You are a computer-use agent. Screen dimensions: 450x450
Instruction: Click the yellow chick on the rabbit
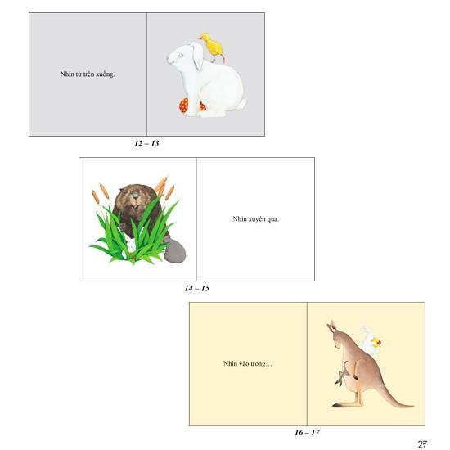[214, 47]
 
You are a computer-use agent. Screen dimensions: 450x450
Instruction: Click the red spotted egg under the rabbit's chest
[184, 106]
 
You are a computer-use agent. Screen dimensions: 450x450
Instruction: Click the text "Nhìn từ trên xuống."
[88, 74]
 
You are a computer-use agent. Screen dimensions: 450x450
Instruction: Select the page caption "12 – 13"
[146, 143]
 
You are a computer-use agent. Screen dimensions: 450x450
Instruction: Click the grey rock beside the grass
[175, 253]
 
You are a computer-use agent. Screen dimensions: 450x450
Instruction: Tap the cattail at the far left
[96, 195]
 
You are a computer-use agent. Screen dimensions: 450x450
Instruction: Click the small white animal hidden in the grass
[128, 243]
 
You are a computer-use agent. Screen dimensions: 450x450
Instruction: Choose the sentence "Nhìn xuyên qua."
[255, 219]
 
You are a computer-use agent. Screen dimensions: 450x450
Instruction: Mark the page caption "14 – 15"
[197, 288]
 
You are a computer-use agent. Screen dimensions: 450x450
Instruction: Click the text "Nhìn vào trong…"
[247, 363]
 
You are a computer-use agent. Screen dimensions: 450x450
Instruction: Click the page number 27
[422, 444]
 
